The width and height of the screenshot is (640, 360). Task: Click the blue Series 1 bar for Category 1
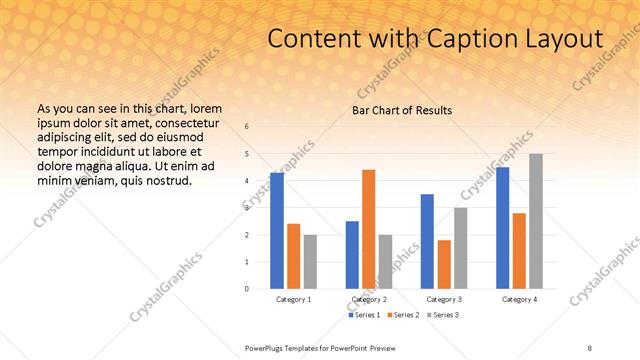click(x=277, y=231)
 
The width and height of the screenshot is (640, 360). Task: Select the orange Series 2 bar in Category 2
click(x=368, y=229)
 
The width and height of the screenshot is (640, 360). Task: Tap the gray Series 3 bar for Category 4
click(x=535, y=221)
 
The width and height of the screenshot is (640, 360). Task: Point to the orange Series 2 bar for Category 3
click(x=444, y=264)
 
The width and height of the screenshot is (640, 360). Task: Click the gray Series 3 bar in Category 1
click(x=310, y=262)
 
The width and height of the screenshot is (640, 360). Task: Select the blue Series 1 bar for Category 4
click(x=502, y=228)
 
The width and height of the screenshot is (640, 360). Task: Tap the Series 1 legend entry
click(x=365, y=315)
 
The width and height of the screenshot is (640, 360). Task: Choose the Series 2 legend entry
click(x=401, y=315)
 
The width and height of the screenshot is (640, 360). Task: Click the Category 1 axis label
click(x=293, y=299)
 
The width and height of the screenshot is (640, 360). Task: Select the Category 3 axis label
click(x=443, y=299)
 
